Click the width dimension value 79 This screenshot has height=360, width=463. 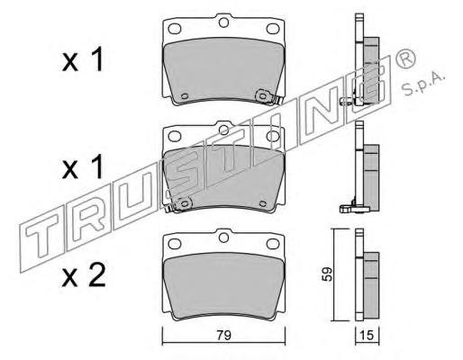224,335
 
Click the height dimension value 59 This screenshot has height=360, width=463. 327,274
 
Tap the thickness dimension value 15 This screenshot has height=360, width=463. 367,335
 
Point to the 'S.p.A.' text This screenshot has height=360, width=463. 422,85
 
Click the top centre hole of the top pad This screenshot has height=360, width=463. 223,22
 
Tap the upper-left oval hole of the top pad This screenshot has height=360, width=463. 175,29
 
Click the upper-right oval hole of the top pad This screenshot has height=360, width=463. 273,29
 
